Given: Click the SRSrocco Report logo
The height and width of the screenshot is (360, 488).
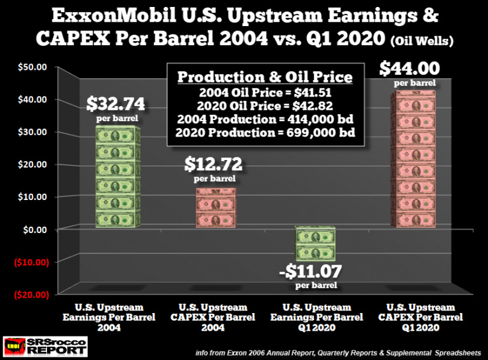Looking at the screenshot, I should [45, 346].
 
